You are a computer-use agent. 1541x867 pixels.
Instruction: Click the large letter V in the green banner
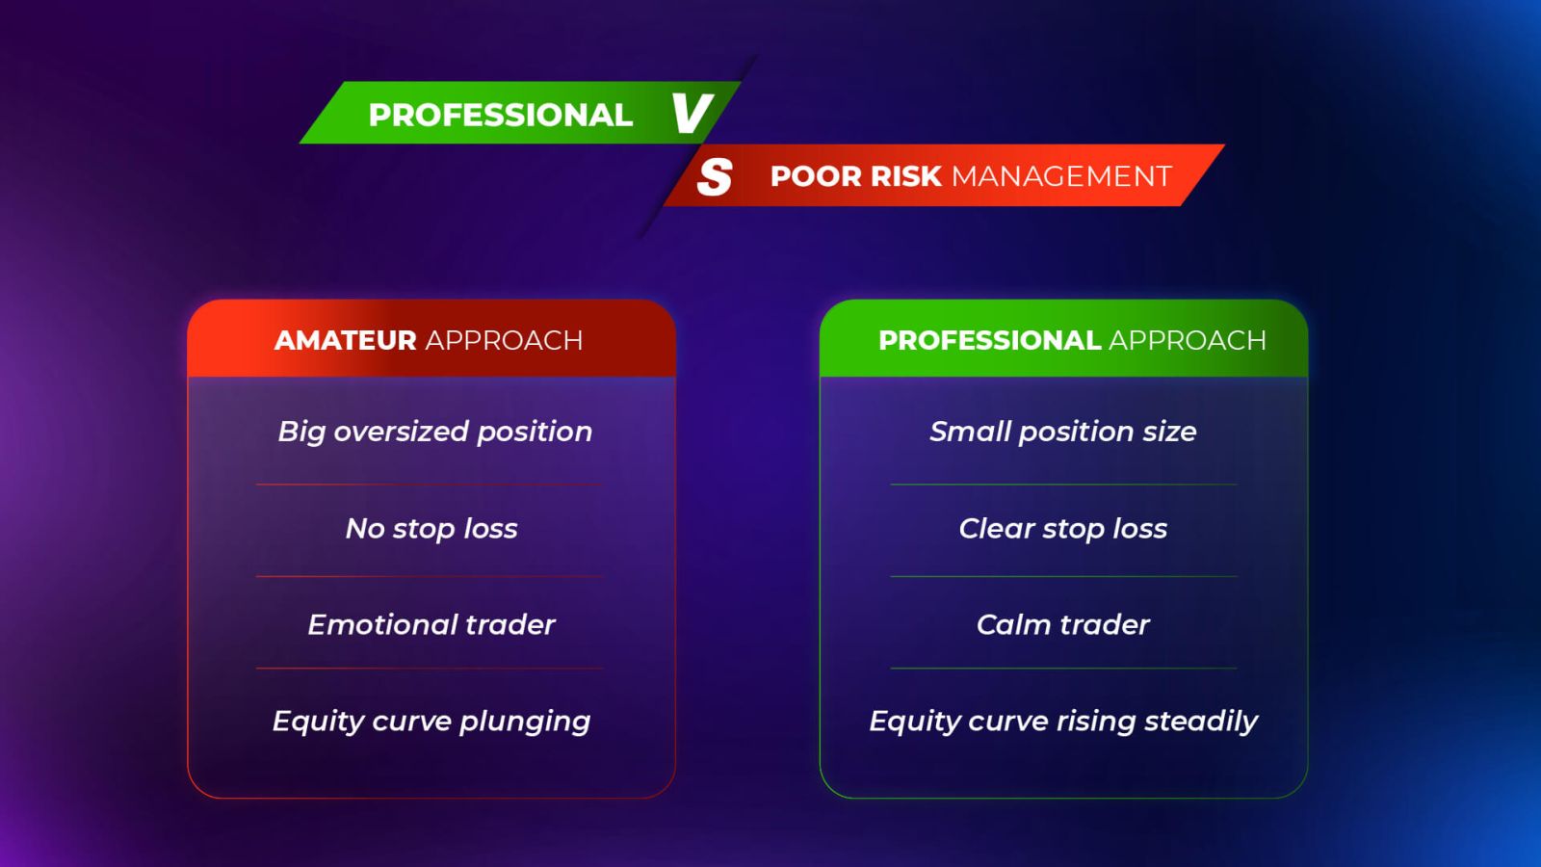692,114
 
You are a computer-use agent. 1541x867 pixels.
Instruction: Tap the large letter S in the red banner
715,177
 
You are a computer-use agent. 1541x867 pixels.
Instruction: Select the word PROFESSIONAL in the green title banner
500,115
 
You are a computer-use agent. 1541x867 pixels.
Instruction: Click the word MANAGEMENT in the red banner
1061,176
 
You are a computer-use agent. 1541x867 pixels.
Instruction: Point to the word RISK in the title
905,176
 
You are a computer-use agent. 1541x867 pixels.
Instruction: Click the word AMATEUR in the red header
345,340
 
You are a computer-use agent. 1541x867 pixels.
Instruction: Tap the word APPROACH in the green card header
1188,340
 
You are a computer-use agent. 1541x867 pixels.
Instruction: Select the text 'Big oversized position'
434,433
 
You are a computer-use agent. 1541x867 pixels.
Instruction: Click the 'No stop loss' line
431,529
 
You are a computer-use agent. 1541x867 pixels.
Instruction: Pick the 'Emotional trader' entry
431,625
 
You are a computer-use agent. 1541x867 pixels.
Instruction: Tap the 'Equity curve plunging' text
431,722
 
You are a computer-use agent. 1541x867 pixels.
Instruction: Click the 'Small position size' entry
1063,433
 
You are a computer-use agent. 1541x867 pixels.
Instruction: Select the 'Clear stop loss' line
1063,529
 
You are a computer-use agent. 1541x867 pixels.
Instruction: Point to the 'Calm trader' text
1063,625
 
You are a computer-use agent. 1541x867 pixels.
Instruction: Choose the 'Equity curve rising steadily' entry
1063,722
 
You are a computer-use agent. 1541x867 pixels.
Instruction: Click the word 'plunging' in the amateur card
525,722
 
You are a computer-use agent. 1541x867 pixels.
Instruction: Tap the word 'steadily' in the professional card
1201,722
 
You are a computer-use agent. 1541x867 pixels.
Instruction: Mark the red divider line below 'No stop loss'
430,576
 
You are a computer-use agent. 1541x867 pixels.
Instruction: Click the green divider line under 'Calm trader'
1063,669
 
